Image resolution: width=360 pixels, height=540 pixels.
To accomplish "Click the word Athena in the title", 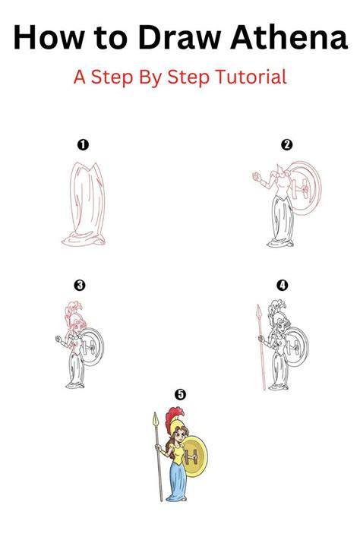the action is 289,37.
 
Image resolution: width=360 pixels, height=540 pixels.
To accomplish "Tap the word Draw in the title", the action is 179,37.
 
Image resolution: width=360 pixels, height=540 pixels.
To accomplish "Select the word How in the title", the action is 49,37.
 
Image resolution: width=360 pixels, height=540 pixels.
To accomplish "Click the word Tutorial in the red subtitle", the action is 251,77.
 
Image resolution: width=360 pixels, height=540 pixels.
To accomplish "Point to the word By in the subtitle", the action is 150,77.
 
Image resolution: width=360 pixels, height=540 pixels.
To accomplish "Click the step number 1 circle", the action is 83,144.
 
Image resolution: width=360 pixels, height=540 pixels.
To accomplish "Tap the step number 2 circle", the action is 286,144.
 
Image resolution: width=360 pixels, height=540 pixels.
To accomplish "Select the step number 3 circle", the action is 79,285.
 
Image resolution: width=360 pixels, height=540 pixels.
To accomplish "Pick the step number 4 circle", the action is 283,285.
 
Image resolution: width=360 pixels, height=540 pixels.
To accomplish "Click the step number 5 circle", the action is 181,394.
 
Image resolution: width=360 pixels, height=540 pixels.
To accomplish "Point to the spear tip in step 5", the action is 155,418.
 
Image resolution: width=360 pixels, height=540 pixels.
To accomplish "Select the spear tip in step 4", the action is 259,311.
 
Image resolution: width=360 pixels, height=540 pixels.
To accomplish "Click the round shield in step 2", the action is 305,188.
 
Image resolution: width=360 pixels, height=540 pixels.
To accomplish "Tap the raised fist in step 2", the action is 256,176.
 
